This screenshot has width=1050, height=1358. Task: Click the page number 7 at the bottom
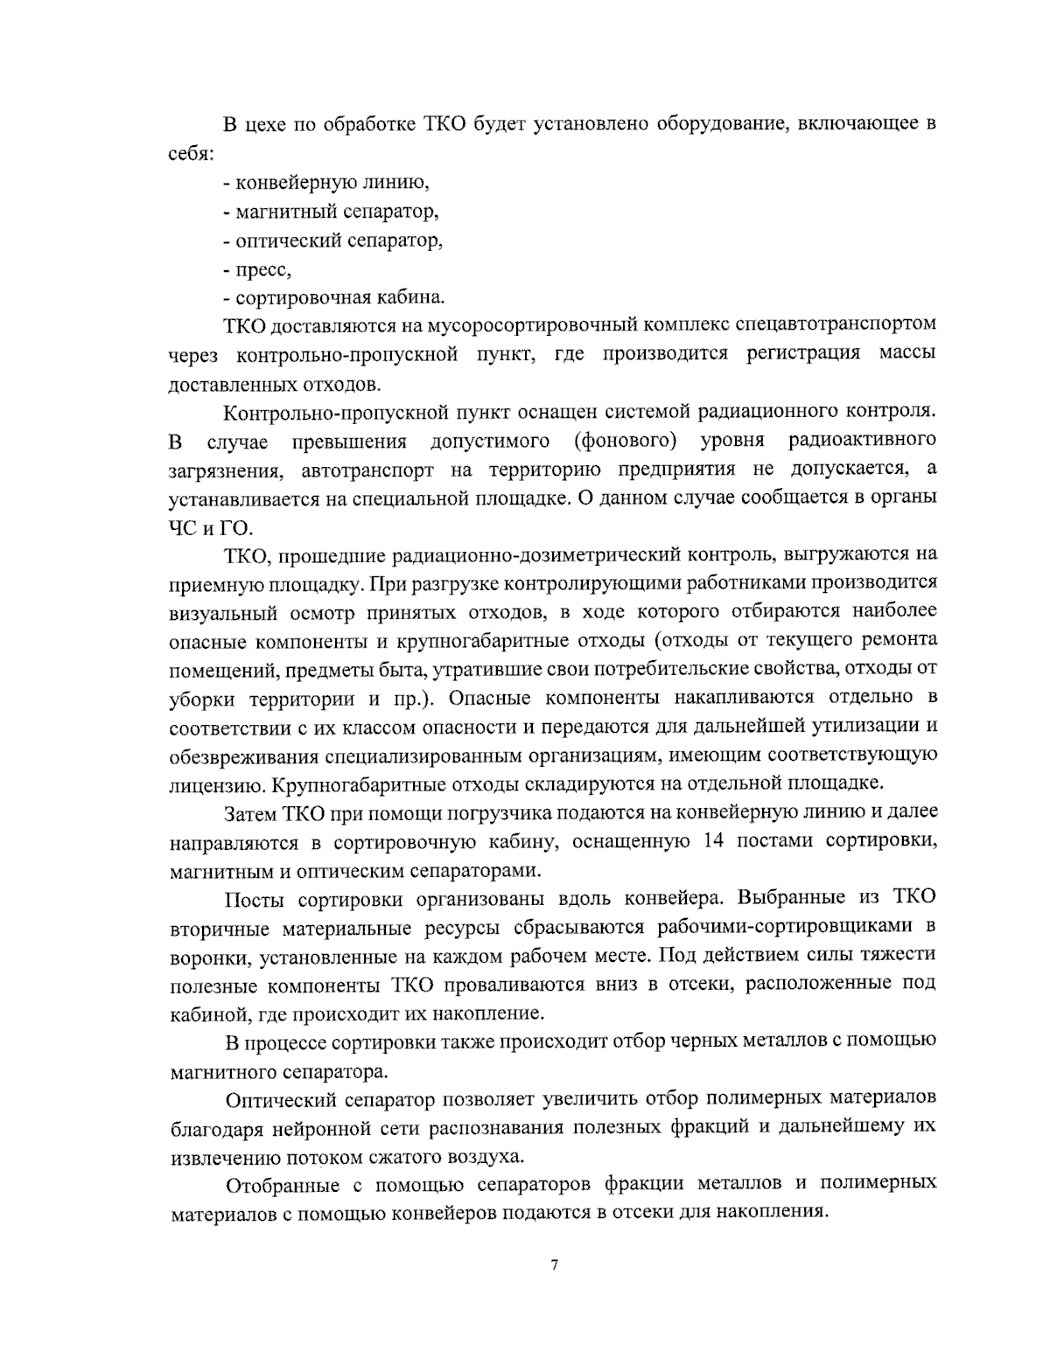554,1265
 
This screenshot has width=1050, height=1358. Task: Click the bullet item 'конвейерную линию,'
325,183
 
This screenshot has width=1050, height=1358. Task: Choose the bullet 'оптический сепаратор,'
332,240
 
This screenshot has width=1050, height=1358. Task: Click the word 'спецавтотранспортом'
830,325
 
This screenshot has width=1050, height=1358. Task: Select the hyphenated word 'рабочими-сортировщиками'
785,927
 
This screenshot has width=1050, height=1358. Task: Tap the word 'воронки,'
210,956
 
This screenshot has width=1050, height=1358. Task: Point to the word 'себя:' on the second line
191,153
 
